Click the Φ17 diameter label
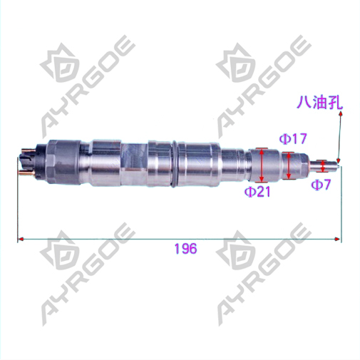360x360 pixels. click(x=292, y=139)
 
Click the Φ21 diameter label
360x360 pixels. click(x=257, y=192)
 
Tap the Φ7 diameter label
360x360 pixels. click(x=321, y=185)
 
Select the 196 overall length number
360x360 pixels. click(x=185, y=249)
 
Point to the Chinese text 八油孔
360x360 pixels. click(x=319, y=103)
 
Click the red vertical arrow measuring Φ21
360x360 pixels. click(x=262, y=165)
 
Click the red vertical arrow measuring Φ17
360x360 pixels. click(x=289, y=165)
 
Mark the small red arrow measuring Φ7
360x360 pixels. click(x=323, y=166)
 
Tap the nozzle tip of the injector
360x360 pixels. click(x=339, y=165)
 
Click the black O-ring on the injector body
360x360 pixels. click(x=173, y=164)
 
